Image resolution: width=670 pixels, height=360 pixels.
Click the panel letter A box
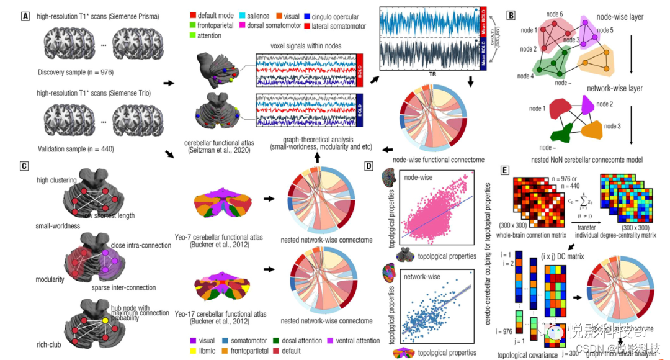(x=25, y=14)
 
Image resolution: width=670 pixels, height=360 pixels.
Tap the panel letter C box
(x=24, y=166)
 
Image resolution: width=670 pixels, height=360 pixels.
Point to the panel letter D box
(x=370, y=166)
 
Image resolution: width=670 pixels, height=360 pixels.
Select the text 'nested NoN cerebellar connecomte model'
(x=582, y=160)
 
